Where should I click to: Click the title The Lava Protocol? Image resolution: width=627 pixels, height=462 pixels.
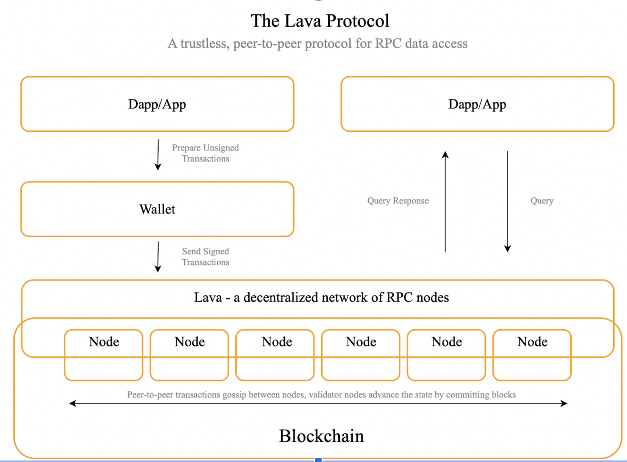tap(320, 21)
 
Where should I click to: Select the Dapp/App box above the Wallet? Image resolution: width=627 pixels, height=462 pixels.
tap(157, 104)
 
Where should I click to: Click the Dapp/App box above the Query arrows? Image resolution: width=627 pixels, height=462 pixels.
tap(477, 104)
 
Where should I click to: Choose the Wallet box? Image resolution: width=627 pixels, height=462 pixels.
tap(157, 210)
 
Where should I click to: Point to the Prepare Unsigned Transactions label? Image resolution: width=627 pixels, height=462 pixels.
tap(205, 153)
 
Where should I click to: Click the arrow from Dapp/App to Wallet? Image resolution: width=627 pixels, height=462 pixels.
tap(158, 155)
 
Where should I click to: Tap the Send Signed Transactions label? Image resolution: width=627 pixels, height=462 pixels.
tap(205, 257)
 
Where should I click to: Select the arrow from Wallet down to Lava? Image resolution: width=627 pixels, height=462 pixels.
tap(158, 257)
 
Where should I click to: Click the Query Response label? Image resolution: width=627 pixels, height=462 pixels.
tap(398, 201)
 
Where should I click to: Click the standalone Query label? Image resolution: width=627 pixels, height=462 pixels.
tap(542, 201)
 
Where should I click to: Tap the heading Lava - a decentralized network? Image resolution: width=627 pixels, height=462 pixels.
tap(321, 298)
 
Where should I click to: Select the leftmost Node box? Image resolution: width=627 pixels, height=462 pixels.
tap(104, 355)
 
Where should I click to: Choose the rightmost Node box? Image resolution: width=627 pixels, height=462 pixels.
tap(532, 355)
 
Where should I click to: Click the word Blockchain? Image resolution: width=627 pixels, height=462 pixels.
tap(321, 436)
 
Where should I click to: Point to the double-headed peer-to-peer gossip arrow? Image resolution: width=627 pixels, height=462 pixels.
tap(318, 403)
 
